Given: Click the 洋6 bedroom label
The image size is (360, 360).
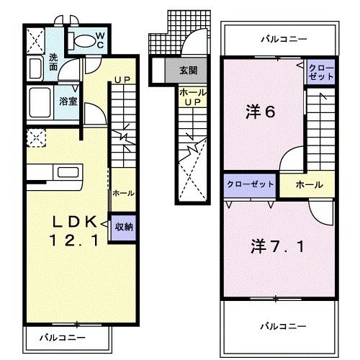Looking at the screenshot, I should [259, 112].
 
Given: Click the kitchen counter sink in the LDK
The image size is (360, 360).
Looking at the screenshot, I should [70, 175].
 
